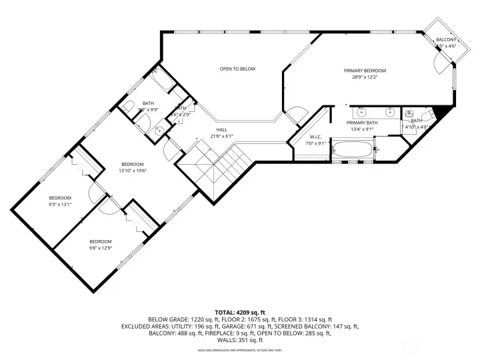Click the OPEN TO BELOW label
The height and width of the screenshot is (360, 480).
(x=238, y=69)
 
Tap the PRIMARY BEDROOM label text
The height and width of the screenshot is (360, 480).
(x=365, y=71)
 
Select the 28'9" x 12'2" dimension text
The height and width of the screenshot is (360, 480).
(x=365, y=77)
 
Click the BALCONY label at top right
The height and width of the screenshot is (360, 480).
(x=446, y=40)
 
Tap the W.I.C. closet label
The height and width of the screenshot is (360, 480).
(x=315, y=137)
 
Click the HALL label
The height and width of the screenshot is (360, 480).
(x=221, y=130)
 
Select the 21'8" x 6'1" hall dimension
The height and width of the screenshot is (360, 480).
(x=221, y=136)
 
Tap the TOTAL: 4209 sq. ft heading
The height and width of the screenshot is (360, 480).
(x=239, y=312)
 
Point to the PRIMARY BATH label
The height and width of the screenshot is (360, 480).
(x=363, y=123)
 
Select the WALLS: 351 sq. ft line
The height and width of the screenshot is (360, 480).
(x=239, y=341)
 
